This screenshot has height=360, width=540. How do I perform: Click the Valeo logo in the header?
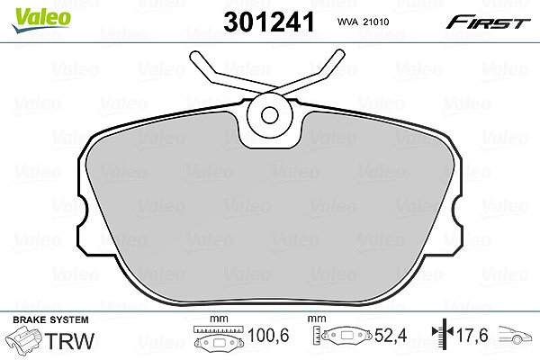pyautogui.click(x=40, y=20)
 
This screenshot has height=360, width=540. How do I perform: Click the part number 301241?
pyautogui.click(x=269, y=22)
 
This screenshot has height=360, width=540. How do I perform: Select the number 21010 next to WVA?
pyautogui.click(x=377, y=22)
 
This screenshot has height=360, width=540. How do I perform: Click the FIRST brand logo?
pyautogui.click(x=488, y=22)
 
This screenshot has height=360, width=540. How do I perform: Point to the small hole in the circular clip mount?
pyautogui.click(x=269, y=115)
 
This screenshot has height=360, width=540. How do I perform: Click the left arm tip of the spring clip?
pyautogui.click(x=195, y=57)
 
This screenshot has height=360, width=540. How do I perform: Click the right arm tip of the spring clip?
pyautogui.click(x=339, y=55)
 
